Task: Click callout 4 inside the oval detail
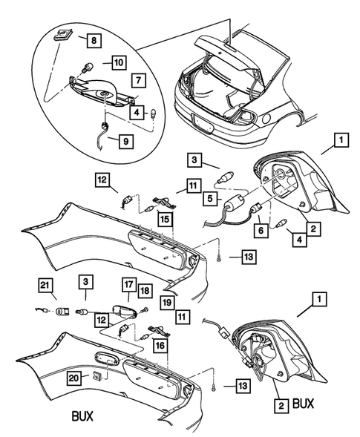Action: coord(137,113)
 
